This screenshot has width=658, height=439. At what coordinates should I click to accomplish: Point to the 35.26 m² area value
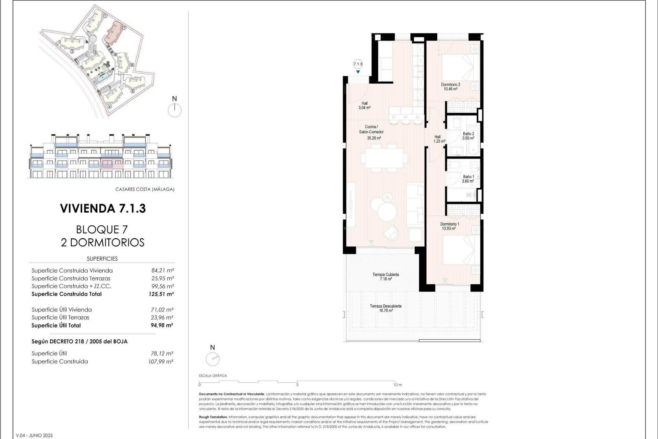pos(374,138)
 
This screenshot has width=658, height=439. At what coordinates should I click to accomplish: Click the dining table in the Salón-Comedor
pos(384,158)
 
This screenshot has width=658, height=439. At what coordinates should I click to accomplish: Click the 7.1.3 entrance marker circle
pos(358,64)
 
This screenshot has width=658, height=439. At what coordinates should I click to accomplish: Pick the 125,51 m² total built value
pos(161,294)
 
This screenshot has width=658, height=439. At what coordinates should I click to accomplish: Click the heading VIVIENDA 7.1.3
pos(103,209)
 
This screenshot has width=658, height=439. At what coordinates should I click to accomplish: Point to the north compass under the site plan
pos(175,110)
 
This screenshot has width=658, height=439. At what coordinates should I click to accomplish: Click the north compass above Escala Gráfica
pos(212,359)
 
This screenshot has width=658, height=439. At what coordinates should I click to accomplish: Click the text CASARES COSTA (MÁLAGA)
pos(145,189)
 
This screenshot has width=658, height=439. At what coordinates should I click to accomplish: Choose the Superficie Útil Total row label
pos(56,325)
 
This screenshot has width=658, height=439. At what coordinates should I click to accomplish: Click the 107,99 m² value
pos(161,361)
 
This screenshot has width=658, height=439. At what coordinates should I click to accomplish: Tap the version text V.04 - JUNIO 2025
pos(34,435)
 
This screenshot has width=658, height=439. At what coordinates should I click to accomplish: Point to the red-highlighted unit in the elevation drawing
pos(112,164)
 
